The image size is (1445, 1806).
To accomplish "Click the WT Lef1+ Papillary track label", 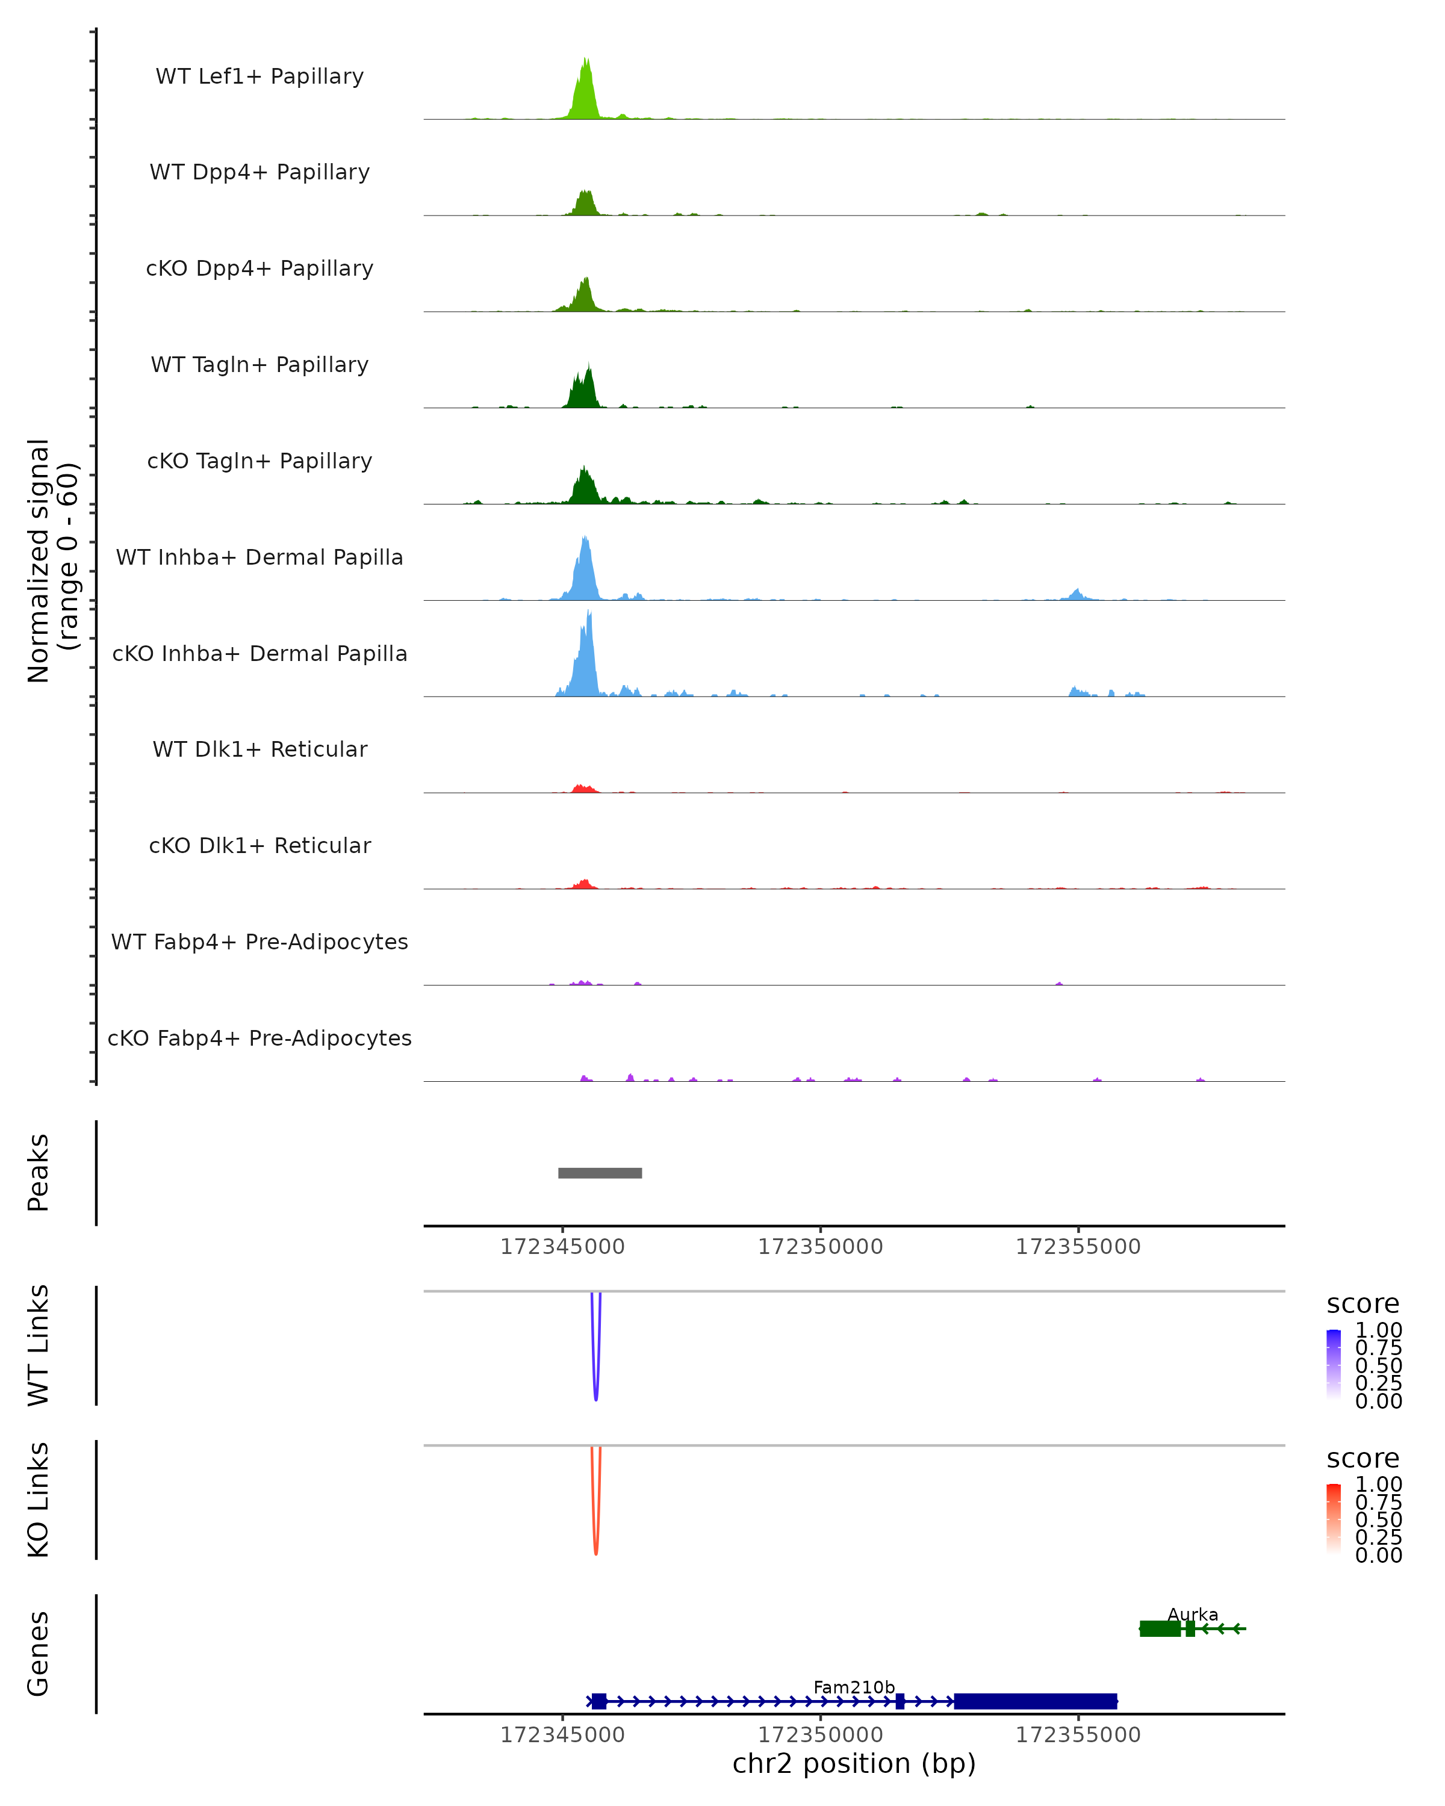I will (x=259, y=76).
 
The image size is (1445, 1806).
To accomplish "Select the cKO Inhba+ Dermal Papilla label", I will (x=259, y=653).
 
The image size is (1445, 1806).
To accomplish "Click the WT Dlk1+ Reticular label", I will (x=259, y=749).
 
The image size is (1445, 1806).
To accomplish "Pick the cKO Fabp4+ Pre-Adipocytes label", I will (x=259, y=1038).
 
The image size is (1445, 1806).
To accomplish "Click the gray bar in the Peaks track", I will (x=600, y=1173).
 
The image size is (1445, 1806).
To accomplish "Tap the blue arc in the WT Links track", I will (x=595, y=1374).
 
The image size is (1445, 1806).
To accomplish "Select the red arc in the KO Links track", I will (x=595, y=1528).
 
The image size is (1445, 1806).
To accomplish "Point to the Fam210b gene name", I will (x=854, y=1687).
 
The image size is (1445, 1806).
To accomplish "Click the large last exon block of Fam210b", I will (x=1036, y=1701).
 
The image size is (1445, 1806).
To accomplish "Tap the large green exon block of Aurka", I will (x=1160, y=1628).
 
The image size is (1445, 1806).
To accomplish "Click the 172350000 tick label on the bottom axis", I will (x=820, y=1735).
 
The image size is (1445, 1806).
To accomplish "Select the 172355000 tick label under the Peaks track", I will (x=1078, y=1247).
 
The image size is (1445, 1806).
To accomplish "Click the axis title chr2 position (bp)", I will (x=854, y=1764).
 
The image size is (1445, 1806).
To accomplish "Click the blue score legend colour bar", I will (x=1334, y=1365).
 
